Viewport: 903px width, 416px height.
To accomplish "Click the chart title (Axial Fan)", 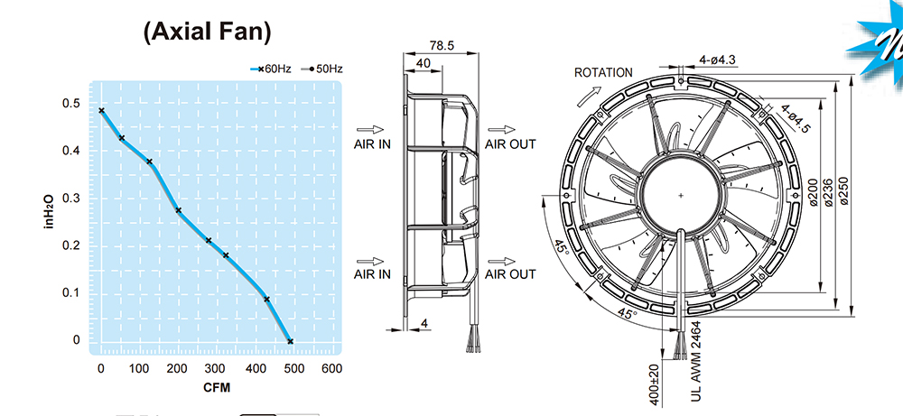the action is [207, 32].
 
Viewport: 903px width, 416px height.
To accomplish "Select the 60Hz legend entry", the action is [270, 69].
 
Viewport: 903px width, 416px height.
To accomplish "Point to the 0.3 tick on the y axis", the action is [71, 199].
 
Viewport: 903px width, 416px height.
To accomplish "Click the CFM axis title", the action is [217, 388].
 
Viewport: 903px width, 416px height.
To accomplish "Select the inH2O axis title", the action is [50, 211].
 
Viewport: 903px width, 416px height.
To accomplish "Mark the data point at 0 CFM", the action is [101, 110].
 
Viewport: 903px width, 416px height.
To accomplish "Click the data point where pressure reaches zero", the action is [290, 341].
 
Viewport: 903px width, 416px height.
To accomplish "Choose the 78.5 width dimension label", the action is [442, 45].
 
